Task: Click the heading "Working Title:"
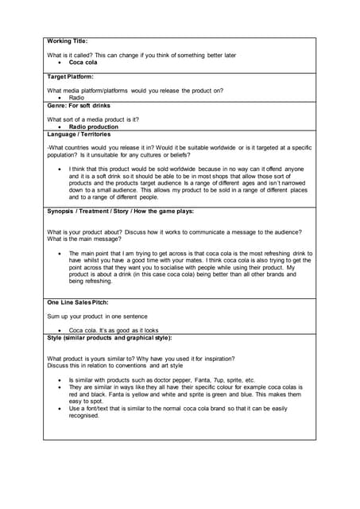coord(68,41)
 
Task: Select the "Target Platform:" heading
coord(71,77)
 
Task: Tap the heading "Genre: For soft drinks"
coord(79,105)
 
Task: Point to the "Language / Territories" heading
coord(79,134)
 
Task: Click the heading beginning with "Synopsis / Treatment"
coord(120,211)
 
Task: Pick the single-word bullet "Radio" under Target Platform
coord(76,98)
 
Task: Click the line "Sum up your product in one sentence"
coord(98,316)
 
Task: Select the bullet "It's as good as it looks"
coord(114,330)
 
